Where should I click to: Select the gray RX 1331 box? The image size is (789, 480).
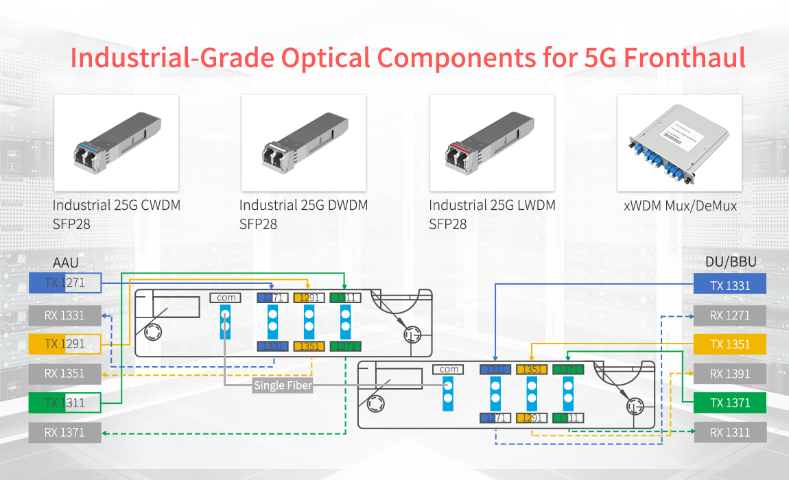(65, 315)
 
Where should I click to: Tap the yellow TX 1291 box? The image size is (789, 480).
(65, 344)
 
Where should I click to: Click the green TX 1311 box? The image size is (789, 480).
(65, 403)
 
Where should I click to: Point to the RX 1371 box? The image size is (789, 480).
(65, 432)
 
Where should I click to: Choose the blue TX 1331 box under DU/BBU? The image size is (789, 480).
(729, 286)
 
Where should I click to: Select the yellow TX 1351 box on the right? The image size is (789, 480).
(729, 344)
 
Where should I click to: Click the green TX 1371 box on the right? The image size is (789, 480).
(729, 403)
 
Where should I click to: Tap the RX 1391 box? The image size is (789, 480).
(729, 374)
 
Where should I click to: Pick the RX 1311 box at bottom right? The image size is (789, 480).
(729, 432)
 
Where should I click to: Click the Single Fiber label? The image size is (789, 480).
(283, 385)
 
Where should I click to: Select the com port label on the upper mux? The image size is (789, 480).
(226, 298)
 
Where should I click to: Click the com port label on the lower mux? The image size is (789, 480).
(449, 369)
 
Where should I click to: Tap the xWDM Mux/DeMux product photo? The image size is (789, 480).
(679, 143)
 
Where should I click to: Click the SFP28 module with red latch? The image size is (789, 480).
(491, 143)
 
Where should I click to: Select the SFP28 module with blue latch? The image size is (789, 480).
(116, 143)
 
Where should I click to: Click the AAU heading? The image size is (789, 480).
(66, 263)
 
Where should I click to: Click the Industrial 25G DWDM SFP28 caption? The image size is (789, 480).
(303, 214)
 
